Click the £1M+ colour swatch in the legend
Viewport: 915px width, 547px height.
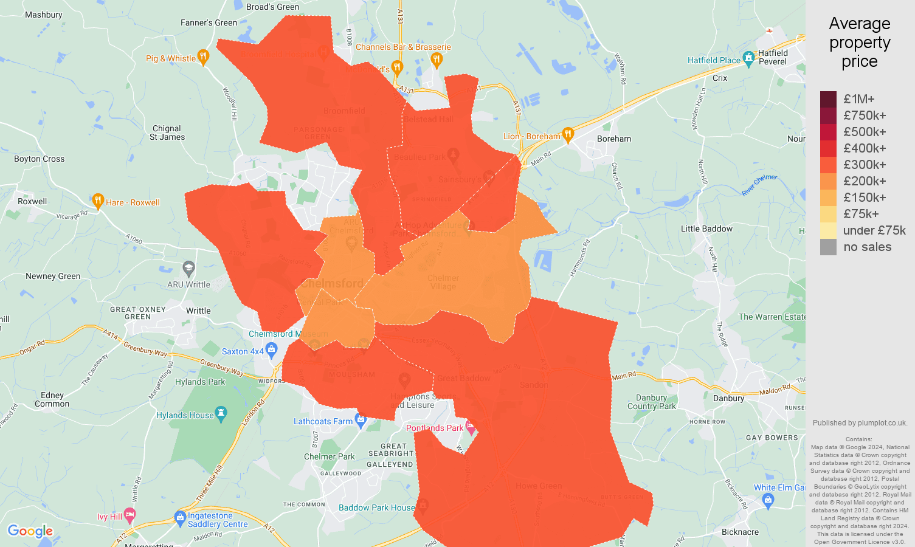(828, 99)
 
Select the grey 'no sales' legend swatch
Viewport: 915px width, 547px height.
(828, 247)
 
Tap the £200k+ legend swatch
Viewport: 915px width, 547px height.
(828, 181)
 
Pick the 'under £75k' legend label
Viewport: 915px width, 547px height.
(874, 230)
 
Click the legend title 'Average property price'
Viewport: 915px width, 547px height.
(859, 43)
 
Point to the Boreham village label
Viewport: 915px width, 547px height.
(614, 139)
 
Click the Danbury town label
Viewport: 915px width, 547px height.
(728, 398)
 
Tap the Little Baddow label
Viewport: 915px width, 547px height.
(706, 229)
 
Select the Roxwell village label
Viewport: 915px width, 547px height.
(32, 201)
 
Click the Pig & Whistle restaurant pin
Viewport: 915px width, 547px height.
(203, 57)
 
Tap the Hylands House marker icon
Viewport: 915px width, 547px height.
(221, 414)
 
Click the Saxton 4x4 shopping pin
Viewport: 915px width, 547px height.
(271, 349)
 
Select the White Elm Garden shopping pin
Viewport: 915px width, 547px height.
(768, 500)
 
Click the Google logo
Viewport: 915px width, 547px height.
(30, 531)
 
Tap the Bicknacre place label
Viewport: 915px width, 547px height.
(740, 532)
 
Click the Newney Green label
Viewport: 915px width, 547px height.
(53, 276)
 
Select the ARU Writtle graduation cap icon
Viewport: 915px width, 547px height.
(189, 267)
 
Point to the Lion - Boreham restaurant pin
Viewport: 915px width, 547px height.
(568, 134)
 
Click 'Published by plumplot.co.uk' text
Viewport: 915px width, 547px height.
(860, 423)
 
